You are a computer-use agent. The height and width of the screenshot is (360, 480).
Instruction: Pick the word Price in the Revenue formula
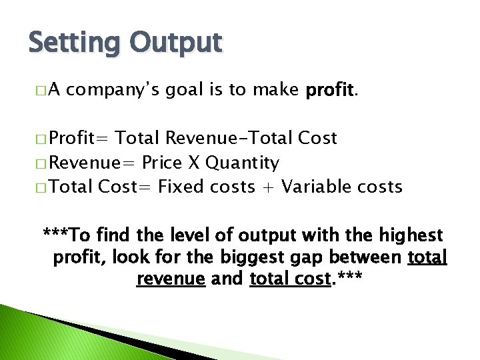point(164,163)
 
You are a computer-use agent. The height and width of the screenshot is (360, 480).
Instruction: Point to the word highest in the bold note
point(411,235)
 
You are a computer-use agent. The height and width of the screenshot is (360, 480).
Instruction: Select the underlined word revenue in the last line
point(170,279)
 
